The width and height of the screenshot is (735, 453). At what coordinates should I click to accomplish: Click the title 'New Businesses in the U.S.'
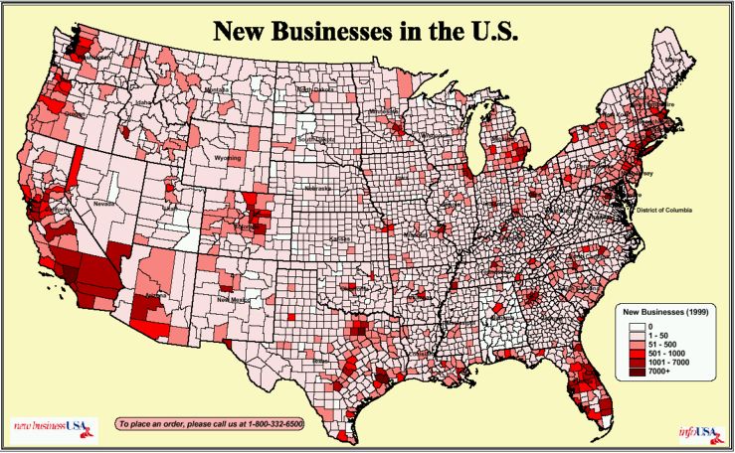click(x=367, y=31)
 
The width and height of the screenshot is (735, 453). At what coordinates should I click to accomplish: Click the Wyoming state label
click(x=229, y=157)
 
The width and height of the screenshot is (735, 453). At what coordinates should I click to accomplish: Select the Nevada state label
click(x=104, y=203)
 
